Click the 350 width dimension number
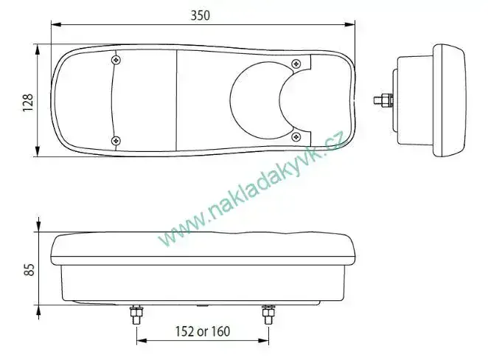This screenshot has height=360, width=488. (x=200, y=15)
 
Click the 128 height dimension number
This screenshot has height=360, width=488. (x=28, y=103)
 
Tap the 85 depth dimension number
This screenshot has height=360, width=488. (x=29, y=270)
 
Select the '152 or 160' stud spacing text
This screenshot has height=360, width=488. (x=203, y=331)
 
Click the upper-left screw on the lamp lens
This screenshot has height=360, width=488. (x=116, y=60)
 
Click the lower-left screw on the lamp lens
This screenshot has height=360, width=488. (x=116, y=141)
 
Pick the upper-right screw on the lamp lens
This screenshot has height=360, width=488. (x=296, y=64)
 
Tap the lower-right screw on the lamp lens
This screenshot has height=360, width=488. (x=296, y=136)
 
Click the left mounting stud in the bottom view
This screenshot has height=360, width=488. (x=136, y=314)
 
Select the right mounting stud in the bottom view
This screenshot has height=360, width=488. (x=268, y=314)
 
